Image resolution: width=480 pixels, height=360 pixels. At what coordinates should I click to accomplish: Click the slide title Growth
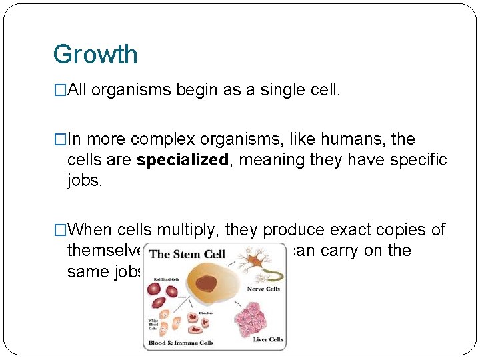(x=95, y=54)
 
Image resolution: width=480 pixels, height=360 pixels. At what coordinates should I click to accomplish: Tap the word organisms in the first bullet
(x=132, y=90)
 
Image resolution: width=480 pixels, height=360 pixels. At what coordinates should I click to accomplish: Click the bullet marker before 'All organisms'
(x=60, y=91)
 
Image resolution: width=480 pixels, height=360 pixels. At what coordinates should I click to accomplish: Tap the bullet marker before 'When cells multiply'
(x=60, y=231)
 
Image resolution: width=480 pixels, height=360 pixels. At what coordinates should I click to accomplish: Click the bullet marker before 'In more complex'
(x=60, y=140)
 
